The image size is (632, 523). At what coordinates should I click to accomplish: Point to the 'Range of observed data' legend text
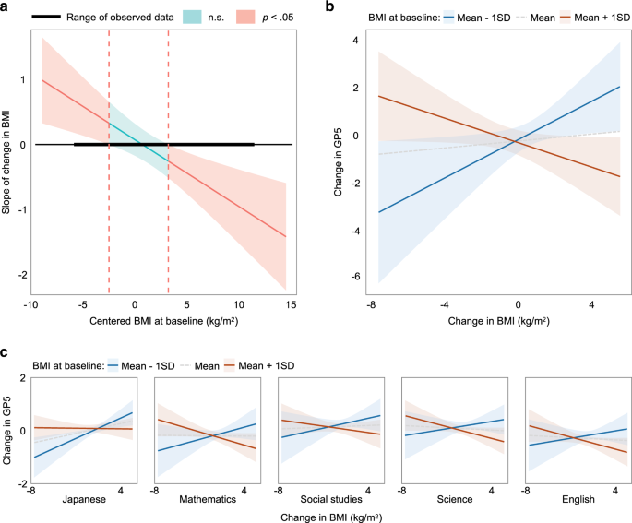[x=120, y=18]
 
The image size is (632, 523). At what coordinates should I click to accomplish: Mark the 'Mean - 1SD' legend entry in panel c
[x=152, y=366]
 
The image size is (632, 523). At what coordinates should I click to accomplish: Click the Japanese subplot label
[x=86, y=499]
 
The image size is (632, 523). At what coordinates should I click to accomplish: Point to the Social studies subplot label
[x=333, y=499]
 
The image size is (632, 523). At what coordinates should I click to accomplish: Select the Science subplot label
[x=457, y=499]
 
